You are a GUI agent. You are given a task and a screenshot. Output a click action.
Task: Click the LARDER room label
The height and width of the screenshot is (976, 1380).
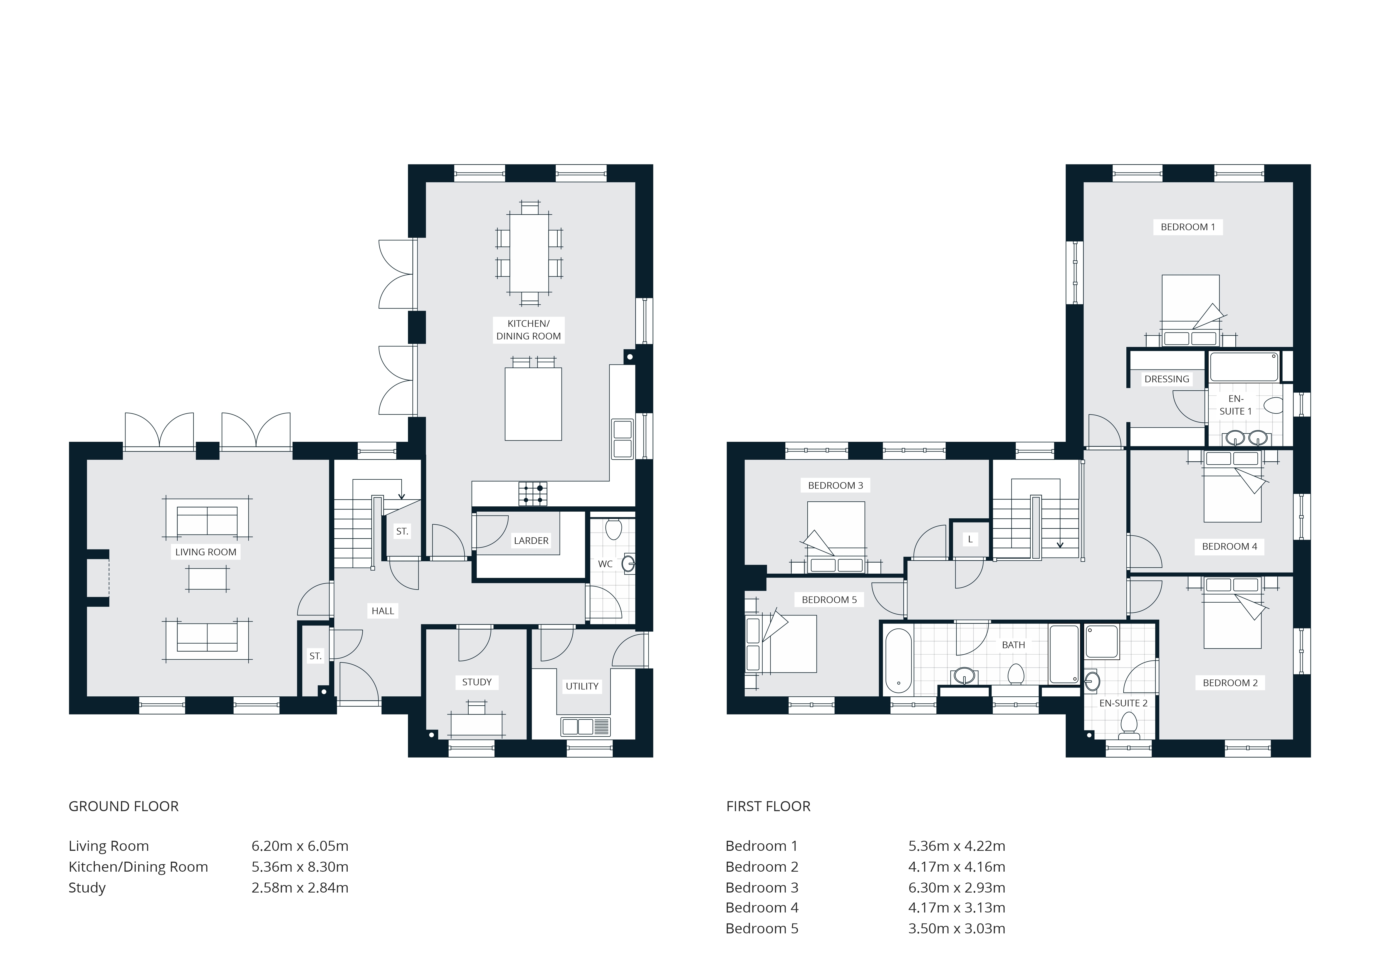[x=531, y=541]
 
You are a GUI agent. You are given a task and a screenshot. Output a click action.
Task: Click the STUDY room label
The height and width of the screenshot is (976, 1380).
[x=477, y=682]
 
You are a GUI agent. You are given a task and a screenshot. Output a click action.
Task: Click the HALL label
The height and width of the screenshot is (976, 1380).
[x=383, y=611]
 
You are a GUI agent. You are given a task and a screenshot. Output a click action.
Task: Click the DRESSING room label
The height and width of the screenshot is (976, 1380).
[x=1167, y=379]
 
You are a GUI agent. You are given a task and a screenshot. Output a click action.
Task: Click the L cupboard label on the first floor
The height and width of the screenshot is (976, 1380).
[x=970, y=539]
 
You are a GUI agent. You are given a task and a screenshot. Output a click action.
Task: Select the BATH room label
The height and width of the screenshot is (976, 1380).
[x=1013, y=645]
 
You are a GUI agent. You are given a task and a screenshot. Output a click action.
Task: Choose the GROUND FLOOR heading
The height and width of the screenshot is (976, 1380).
[x=124, y=806]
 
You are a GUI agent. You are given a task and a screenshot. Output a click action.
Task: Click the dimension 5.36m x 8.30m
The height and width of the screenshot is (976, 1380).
[x=300, y=867]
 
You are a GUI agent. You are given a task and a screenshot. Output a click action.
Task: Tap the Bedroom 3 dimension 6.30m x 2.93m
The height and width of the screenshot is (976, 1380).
[x=957, y=888]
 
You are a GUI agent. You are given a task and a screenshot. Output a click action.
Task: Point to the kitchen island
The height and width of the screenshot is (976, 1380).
[x=533, y=404]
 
